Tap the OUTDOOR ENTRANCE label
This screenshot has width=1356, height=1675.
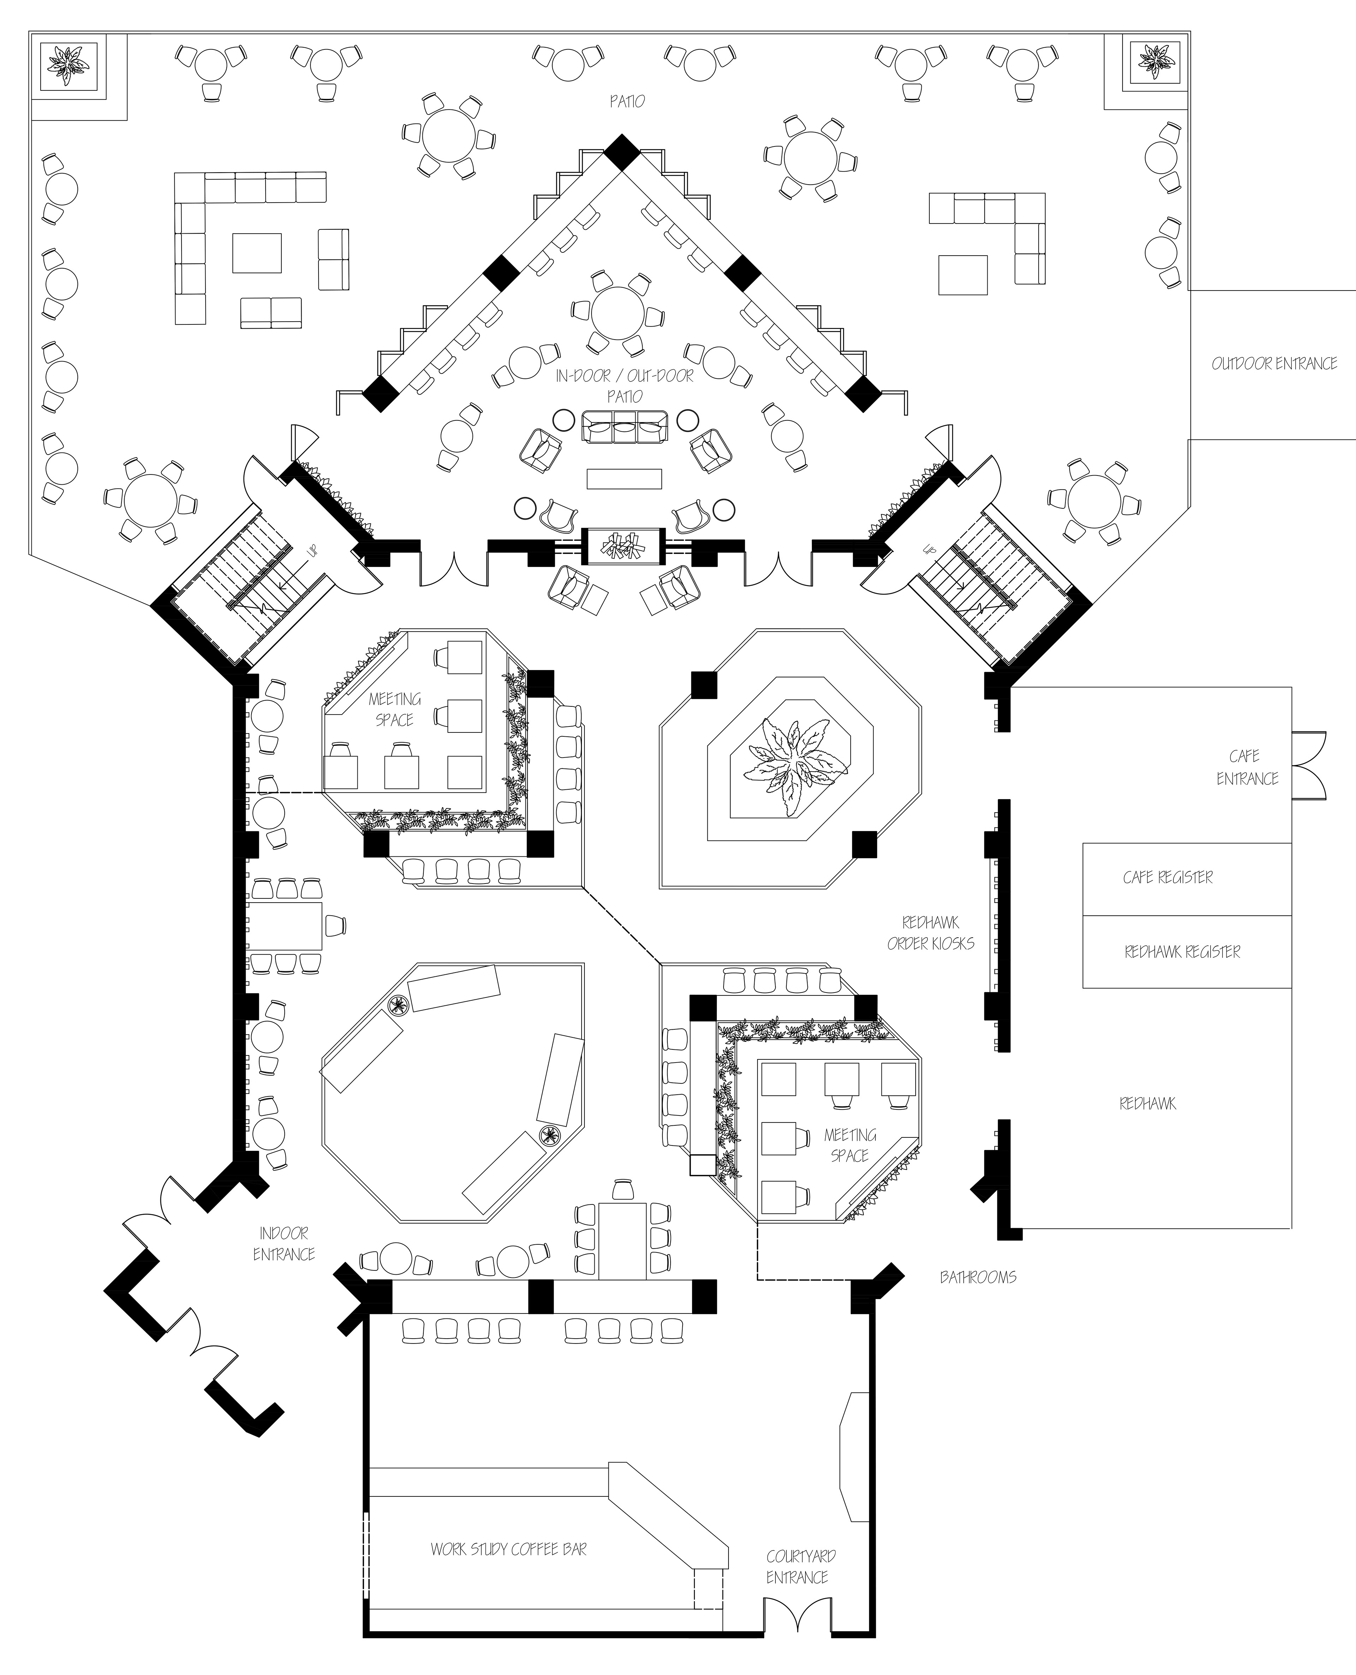[x=1274, y=364]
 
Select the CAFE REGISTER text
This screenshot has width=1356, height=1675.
[x=1168, y=878]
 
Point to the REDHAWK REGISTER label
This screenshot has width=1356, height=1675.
[x=1182, y=952]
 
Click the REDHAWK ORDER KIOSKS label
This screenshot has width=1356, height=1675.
[x=930, y=933]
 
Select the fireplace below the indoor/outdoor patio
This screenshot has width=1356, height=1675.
[x=623, y=544]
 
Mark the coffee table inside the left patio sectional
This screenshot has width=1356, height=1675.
[x=257, y=252]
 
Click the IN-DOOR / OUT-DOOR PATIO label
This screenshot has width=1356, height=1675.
[x=625, y=386]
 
